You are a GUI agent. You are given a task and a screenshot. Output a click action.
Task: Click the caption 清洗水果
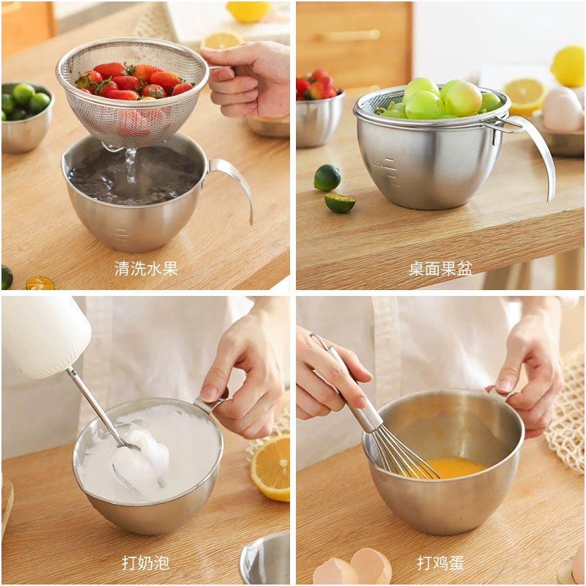[x=146, y=268]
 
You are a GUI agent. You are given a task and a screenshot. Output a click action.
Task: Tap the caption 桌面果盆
[x=440, y=268]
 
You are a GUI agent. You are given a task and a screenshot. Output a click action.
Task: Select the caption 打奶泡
[x=145, y=563]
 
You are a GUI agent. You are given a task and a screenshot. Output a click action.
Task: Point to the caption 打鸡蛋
[x=440, y=563]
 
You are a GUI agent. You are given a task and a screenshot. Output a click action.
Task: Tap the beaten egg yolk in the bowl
[x=456, y=467]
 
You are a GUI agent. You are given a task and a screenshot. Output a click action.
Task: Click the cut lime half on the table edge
[x=340, y=203]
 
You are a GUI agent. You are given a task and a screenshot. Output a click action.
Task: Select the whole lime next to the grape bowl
[x=327, y=178]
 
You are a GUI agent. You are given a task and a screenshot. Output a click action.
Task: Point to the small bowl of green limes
[x=26, y=116]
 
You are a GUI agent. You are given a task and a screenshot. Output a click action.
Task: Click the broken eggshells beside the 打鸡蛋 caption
[x=352, y=567]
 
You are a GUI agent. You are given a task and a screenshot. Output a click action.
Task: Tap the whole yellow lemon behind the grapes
[x=568, y=66]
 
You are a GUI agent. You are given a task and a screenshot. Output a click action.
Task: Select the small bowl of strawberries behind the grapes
[x=319, y=108]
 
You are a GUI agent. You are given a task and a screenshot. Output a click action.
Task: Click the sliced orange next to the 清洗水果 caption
[x=40, y=283]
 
